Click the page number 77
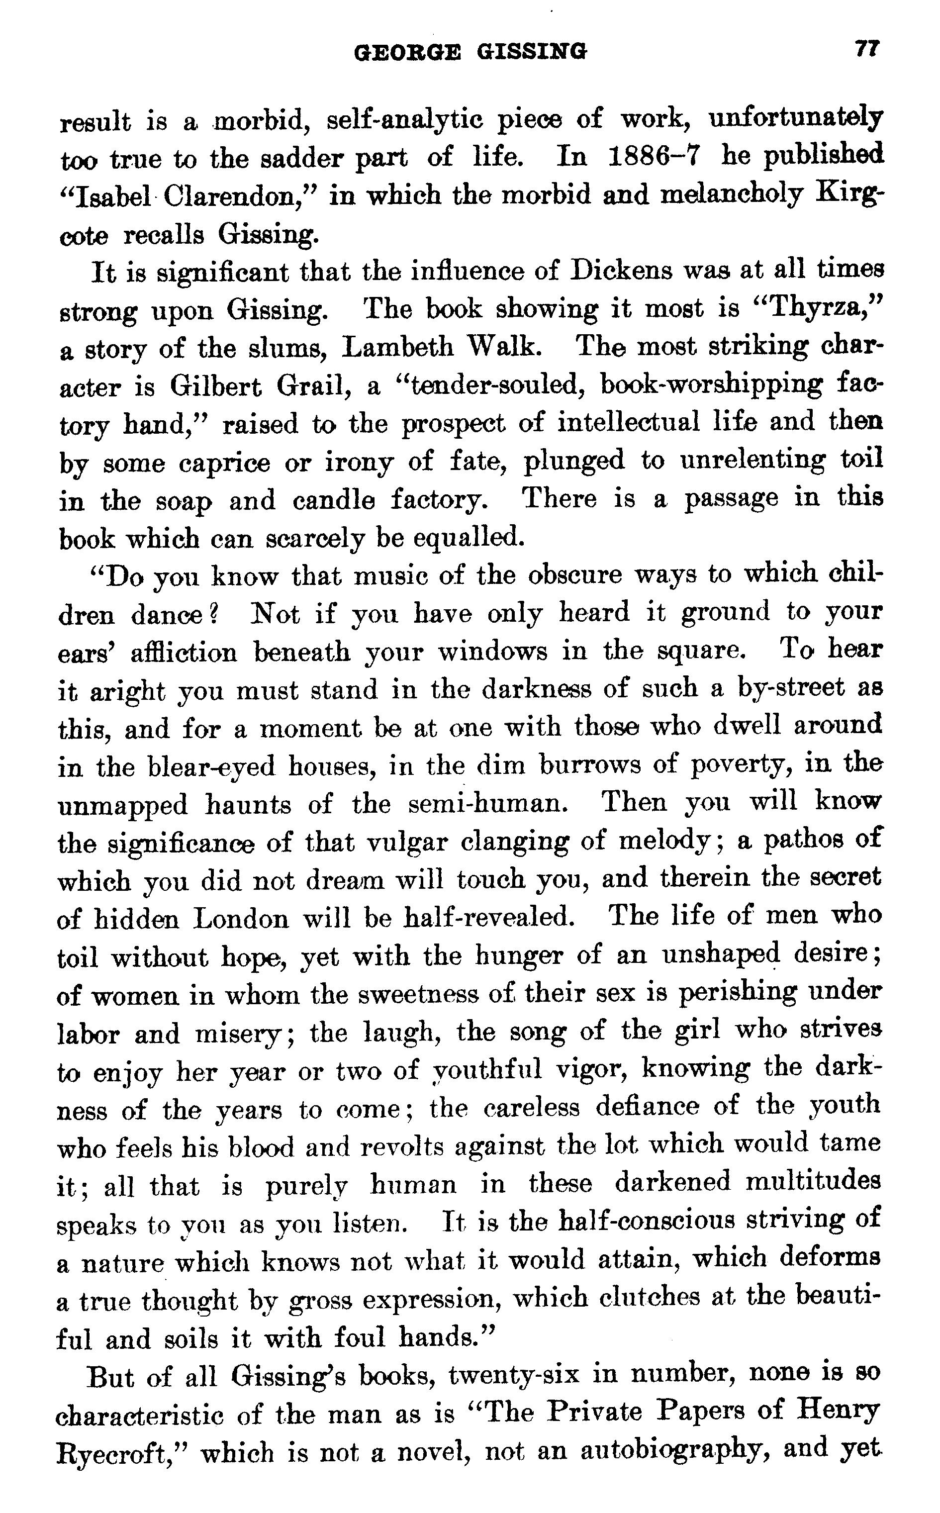pyautogui.click(x=866, y=49)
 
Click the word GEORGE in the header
pyautogui.click(x=407, y=52)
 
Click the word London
pyautogui.click(x=241, y=919)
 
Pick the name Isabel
pyautogui.click(x=108, y=196)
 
